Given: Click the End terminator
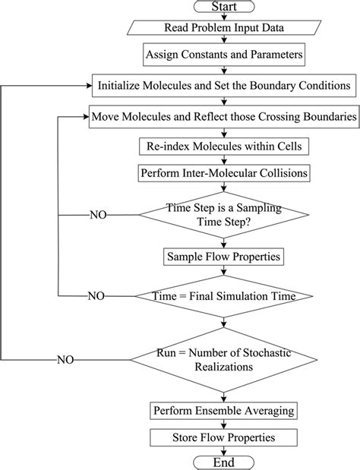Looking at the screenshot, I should pos(223,462).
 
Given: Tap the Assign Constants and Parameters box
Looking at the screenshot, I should pos(222,55).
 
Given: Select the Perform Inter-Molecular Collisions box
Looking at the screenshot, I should pos(222,173).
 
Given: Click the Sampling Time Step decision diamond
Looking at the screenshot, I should pos(223,215).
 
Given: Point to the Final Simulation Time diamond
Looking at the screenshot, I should pos(223,295).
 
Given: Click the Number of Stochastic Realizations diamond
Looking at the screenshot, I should pos(223,358).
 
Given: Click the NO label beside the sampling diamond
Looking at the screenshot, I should pos(99,216).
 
